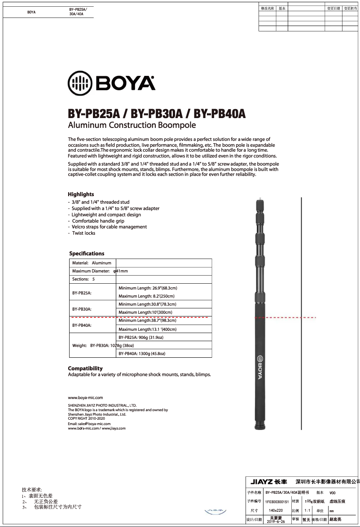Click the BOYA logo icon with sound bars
(x=80, y=83)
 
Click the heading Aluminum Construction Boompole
(x=132, y=125)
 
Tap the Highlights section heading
(x=81, y=194)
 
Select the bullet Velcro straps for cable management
(x=109, y=227)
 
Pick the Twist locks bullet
(x=83, y=233)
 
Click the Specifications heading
(x=87, y=254)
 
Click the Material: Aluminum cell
(x=92, y=263)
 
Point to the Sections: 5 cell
(x=84, y=279)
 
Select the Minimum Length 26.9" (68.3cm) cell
(x=148, y=288)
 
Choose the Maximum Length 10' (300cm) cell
(x=145, y=312)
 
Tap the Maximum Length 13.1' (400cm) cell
(x=147, y=329)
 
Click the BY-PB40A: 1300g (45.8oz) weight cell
(x=142, y=354)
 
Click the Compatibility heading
(x=85, y=368)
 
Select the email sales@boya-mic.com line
(x=89, y=423)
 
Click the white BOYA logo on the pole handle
(x=259, y=367)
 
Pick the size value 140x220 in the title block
(x=276, y=510)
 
